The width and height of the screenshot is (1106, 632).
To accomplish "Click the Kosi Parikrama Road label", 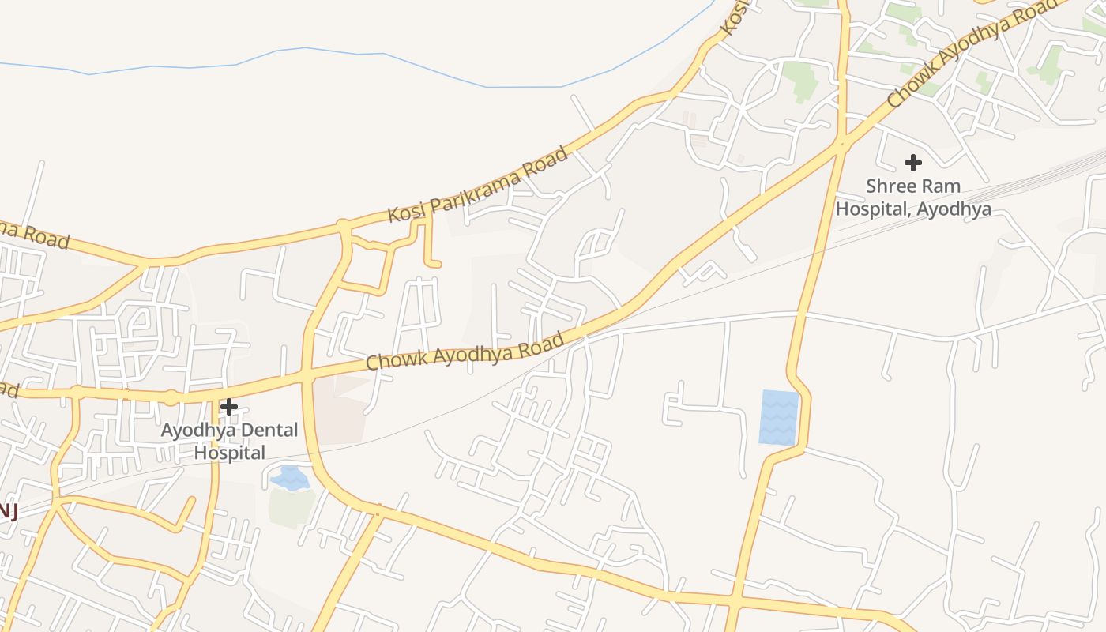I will click(477, 184).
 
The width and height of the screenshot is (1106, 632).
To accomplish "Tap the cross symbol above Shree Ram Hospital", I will click(913, 164).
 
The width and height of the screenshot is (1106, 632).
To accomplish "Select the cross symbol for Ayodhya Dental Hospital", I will click(229, 407).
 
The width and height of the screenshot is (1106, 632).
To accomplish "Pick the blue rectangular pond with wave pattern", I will click(779, 416).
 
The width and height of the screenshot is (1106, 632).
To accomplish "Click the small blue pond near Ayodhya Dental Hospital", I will click(289, 478).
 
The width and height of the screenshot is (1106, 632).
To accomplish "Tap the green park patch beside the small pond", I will click(291, 507).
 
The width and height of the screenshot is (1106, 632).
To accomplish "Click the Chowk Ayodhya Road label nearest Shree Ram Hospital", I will click(971, 53).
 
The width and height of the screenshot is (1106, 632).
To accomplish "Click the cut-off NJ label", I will click(8, 511).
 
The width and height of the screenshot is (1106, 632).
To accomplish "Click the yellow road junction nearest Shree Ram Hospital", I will click(842, 144).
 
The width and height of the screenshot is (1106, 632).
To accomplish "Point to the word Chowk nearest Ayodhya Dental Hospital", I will click(395, 359).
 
